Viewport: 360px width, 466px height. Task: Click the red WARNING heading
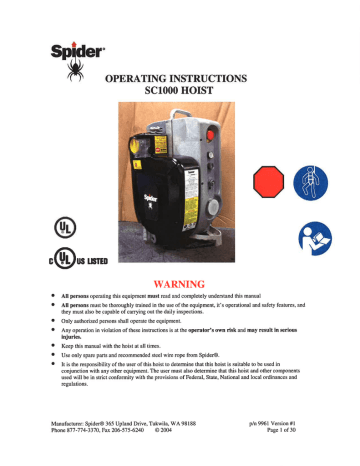coord(180,267)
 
